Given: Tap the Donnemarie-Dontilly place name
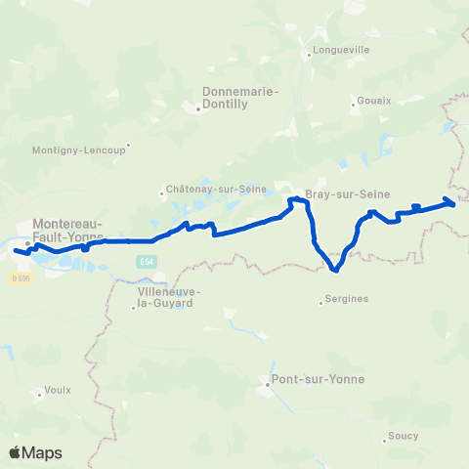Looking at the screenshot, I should [x=240, y=98].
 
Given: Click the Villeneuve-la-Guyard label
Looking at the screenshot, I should [x=170, y=297].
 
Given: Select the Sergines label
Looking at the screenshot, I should [x=350, y=299].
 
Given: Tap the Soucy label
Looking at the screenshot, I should [x=403, y=435].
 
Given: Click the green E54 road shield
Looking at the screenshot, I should [x=146, y=261].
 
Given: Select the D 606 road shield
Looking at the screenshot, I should [x=21, y=277].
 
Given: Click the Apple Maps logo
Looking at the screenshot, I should [x=36, y=452].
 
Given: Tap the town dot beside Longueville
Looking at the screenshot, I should [x=310, y=55].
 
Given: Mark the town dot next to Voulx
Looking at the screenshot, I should [x=38, y=396].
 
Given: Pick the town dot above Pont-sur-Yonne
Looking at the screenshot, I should [x=268, y=384].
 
